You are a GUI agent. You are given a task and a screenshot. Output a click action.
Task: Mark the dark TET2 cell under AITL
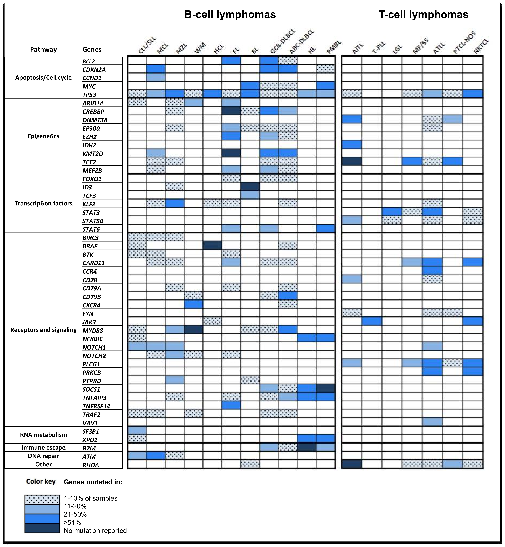(x=351, y=161)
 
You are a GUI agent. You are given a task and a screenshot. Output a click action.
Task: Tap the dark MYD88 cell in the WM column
(x=194, y=330)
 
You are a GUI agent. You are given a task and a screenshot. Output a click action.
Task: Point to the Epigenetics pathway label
(x=43, y=136)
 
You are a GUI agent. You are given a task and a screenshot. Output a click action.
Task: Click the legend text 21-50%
(x=75, y=514)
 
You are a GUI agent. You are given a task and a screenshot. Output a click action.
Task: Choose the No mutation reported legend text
(x=95, y=531)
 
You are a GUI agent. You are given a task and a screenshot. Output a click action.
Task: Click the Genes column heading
(x=92, y=50)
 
